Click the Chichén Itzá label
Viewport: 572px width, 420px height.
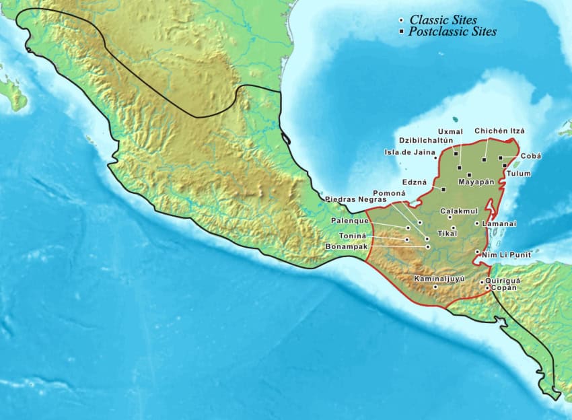(499, 131)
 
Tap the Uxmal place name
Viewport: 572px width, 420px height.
(450, 131)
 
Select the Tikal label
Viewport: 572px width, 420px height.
(447, 234)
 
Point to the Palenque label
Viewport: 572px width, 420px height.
(349, 221)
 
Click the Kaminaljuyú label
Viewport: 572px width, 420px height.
(439, 278)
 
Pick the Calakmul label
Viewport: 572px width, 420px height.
(458, 211)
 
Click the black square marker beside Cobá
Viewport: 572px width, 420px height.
(500, 157)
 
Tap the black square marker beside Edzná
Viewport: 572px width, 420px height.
(443, 189)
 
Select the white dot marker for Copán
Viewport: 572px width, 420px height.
(487, 288)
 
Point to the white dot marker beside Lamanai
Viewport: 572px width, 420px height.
(476, 223)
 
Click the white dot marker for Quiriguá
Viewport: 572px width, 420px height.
(481, 281)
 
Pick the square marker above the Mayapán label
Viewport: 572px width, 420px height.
(469, 175)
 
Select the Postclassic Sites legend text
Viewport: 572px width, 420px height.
(453, 32)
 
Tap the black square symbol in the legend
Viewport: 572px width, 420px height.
(401, 32)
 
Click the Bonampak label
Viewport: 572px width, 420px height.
(346, 247)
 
